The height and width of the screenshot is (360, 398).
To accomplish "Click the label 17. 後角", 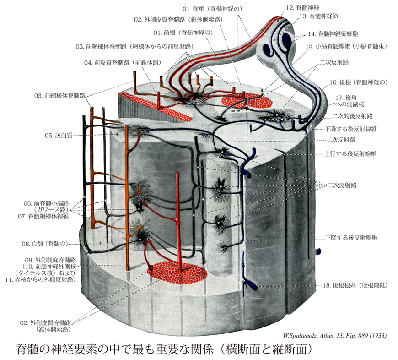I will [349, 98].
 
